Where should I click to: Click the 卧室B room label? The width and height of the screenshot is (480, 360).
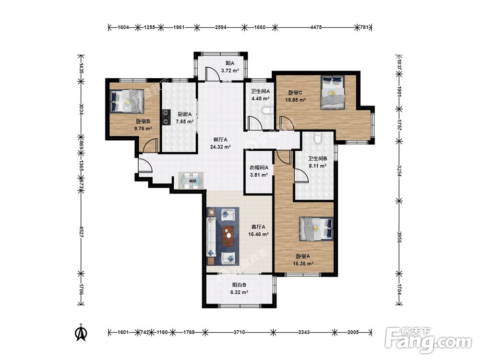pyautogui.click(x=143, y=121)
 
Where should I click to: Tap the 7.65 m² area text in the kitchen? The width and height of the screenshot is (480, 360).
pyautogui.click(x=185, y=121)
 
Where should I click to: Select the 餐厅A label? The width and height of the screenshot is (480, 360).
pyautogui.click(x=220, y=139)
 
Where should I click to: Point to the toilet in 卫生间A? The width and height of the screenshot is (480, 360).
pyautogui.click(x=267, y=110)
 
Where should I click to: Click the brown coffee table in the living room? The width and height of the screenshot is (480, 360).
pyautogui.click(x=228, y=236)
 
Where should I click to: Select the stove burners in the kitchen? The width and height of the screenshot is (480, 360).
pyautogui.click(x=166, y=118)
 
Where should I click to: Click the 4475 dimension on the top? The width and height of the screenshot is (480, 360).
pyautogui.click(x=316, y=27)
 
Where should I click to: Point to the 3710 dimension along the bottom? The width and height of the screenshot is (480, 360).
pyautogui.click(x=239, y=332)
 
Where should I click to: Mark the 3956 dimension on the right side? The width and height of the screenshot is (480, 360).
pyautogui.click(x=399, y=237)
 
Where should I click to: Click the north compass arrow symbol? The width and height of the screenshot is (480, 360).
pyautogui.click(x=81, y=333)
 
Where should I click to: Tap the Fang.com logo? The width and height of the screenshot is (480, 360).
pyautogui.click(x=428, y=339)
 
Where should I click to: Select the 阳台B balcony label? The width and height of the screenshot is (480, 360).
pyautogui.click(x=239, y=285)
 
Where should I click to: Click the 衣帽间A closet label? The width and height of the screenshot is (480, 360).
pyautogui.click(x=259, y=168)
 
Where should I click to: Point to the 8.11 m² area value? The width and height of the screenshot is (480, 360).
pyautogui.click(x=317, y=166)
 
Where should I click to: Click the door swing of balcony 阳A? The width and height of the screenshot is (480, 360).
pyautogui.click(x=212, y=73)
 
